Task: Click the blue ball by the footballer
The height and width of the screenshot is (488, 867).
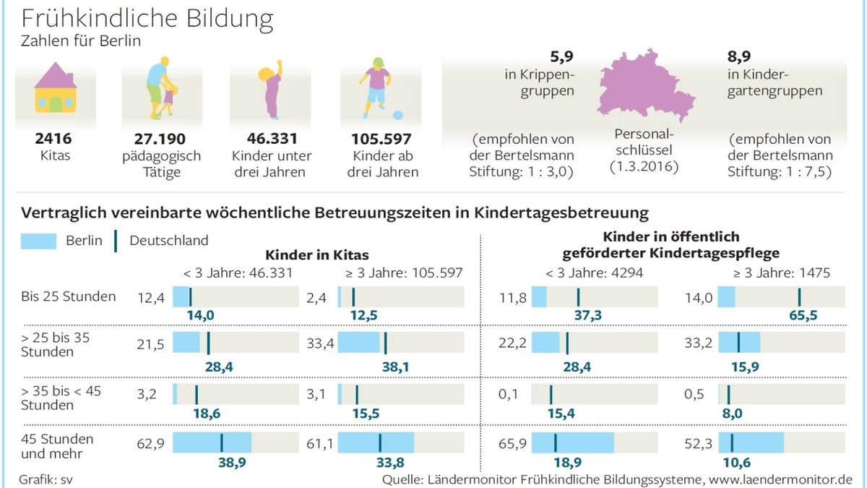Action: click(397, 115)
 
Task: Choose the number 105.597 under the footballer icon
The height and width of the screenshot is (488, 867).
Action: click(381, 139)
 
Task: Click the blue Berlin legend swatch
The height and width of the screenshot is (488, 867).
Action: click(38, 241)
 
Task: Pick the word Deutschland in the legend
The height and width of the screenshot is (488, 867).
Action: click(168, 241)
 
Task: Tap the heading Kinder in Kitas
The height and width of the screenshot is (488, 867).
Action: click(317, 254)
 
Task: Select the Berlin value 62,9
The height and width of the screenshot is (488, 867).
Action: click(150, 443)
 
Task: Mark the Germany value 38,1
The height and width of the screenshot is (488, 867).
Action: click(396, 367)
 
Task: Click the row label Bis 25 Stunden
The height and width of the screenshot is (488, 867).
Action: click(69, 296)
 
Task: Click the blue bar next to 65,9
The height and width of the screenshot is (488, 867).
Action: click(572, 442)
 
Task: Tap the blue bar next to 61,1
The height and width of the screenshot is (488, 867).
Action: click(376, 442)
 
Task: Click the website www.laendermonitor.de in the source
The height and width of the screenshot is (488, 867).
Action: click(780, 479)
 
